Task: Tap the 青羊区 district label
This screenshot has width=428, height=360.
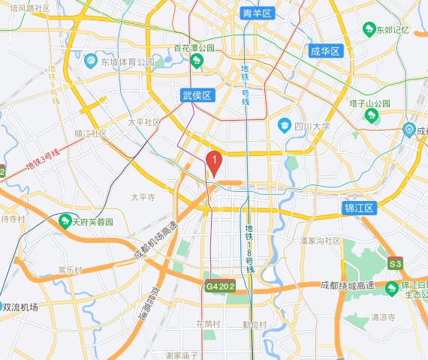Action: [259, 13]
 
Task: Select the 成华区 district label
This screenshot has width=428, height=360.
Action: [325, 51]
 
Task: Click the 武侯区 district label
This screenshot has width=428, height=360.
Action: [198, 95]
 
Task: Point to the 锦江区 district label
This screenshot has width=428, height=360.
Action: [358, 208]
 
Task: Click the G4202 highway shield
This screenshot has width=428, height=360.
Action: [221, 286]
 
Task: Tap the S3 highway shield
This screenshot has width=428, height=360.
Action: [395, 264]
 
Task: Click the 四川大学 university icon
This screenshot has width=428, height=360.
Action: [285, 124]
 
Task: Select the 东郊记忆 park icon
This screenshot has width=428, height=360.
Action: [369, 29]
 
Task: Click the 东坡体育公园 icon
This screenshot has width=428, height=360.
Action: [90, 61]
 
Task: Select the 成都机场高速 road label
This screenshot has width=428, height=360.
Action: [155, 241]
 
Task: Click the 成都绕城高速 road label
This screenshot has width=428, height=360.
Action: [347, 285]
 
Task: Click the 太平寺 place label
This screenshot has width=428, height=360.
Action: [142, 197]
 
